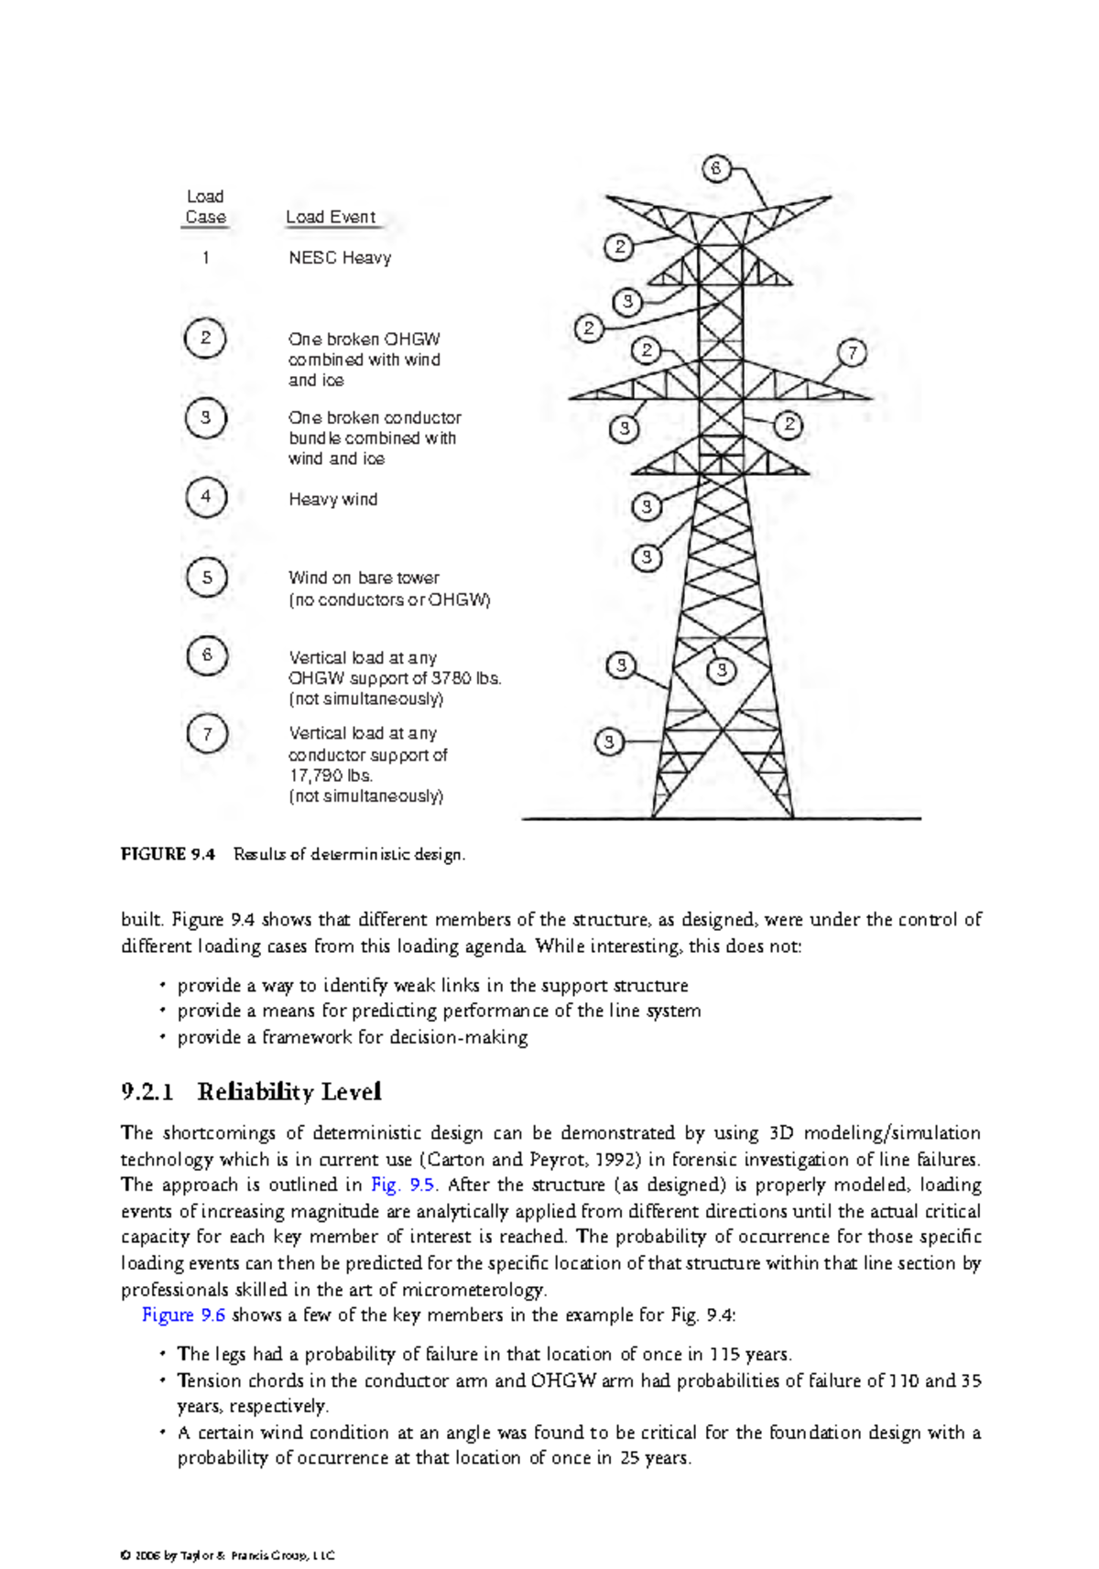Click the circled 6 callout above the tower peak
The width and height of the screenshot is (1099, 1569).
pyautogui.click(x=716, y=168)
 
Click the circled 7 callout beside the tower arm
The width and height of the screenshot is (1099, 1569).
pyautogui.click(x=852, y=353)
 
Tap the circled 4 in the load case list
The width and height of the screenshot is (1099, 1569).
pyautogui.click(x=206, y=497)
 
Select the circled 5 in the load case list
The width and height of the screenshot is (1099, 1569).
pyautogui.click(x=206, y=578)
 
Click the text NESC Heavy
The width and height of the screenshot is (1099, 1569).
pyautogui.click(x=340, y=258)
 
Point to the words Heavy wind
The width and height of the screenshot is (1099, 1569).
pyautogui.click(x=332, y=500)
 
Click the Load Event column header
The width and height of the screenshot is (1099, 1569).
pyautogui.click(x=331, y=218)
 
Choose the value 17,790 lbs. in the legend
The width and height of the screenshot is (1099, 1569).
pyautogui.click(x=331, y=775)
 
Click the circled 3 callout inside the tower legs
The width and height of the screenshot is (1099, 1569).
pyautogui.click(x=722, y=670)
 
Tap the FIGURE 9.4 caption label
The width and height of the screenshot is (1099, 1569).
pyautogui.click(x=168, y=854)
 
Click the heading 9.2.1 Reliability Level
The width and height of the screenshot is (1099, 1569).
pyautogui.click(x=251, y=1091)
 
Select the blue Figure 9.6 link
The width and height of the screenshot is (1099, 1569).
pyautogui.click(x=183, y=1315)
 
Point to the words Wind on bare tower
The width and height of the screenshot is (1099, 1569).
pyautogui.click(x=364, y=579)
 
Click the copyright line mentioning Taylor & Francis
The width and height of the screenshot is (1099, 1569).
pyautogui.click(x=228, y=1555)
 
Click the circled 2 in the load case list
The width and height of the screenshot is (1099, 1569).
pyautogui.click(x=206, y=338)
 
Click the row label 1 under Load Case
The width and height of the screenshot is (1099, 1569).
pyautogui.click(x=205, y=258)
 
